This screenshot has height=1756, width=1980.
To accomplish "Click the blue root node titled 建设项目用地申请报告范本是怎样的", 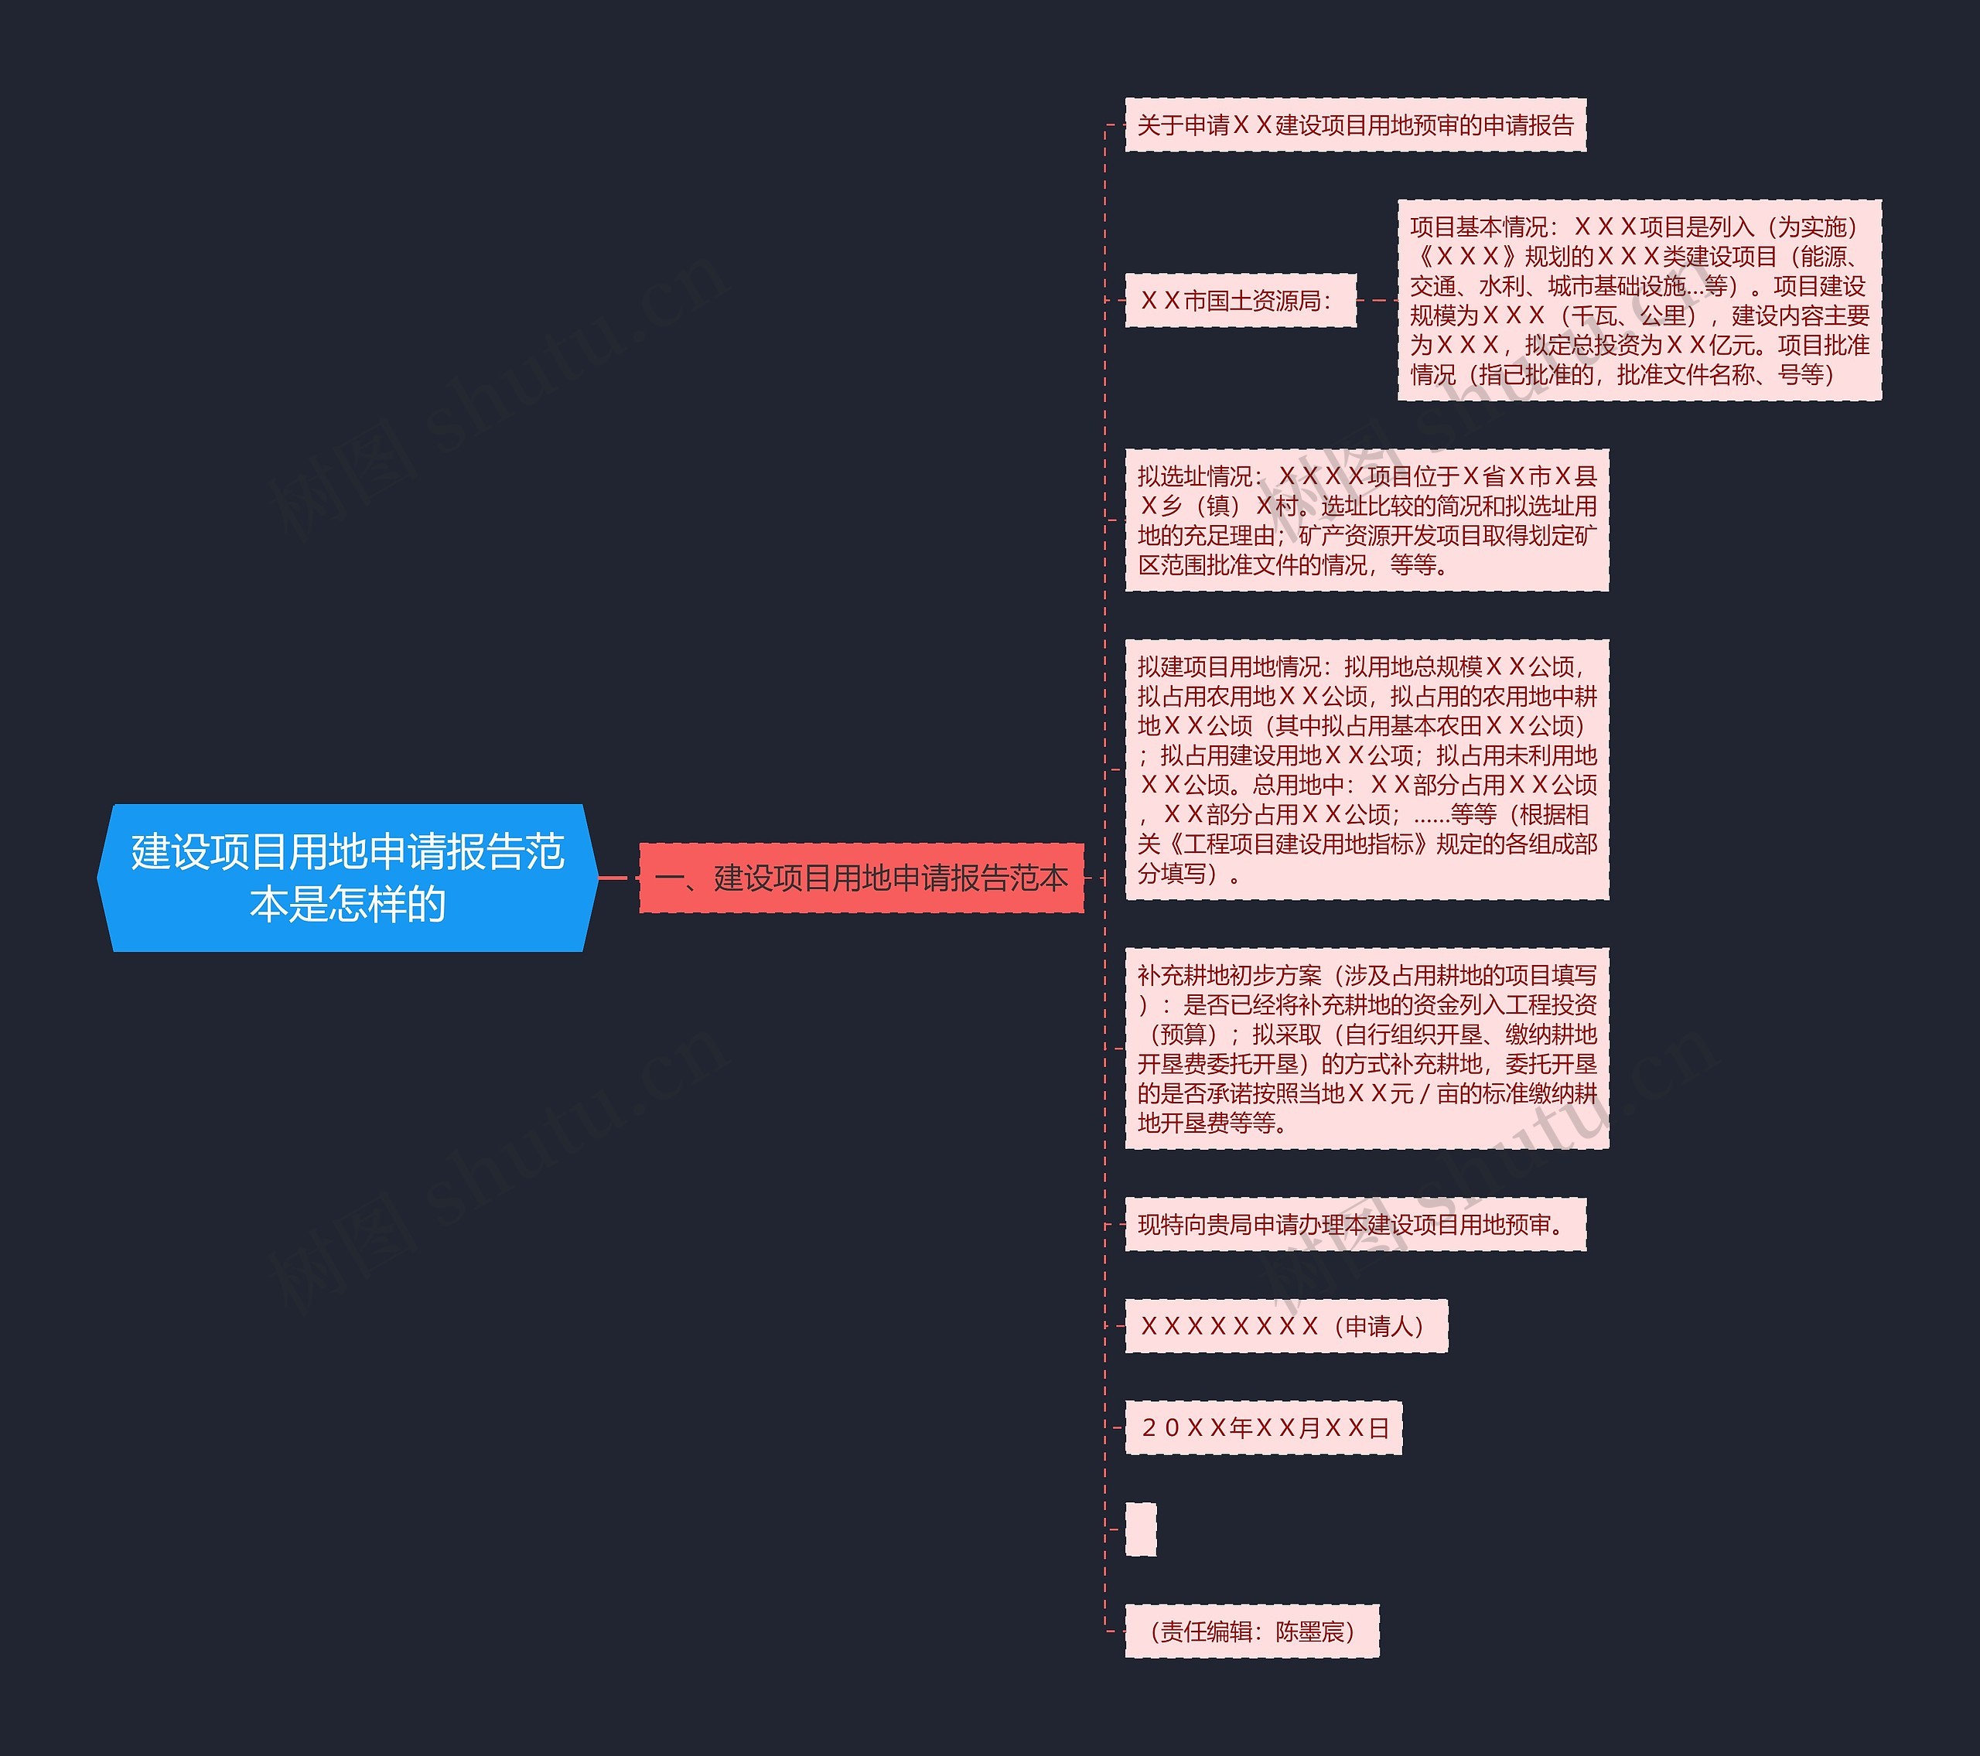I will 346,878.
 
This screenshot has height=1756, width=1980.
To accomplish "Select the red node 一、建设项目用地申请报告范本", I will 861,878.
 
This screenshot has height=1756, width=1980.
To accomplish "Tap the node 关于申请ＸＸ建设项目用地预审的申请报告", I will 1354,125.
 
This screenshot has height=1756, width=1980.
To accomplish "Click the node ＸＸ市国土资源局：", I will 1239,300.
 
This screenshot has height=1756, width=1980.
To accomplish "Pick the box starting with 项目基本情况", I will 1639,300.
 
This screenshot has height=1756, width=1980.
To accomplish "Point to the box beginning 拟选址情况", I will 1366,520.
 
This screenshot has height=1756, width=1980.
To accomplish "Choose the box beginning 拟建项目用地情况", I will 1366,769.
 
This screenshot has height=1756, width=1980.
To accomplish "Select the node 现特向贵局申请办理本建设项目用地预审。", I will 1354,1226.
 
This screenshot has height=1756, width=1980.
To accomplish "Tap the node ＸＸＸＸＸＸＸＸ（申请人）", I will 1285,1326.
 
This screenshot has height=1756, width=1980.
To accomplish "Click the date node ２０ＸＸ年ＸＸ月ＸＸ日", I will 1263,1427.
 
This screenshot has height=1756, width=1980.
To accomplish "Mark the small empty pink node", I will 1140,1529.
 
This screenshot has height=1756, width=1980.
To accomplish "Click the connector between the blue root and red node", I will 619,878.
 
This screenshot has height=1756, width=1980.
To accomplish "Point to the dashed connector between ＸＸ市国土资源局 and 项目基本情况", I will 1377,300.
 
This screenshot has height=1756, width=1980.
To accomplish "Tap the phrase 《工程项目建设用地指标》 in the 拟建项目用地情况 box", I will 1297,844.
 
